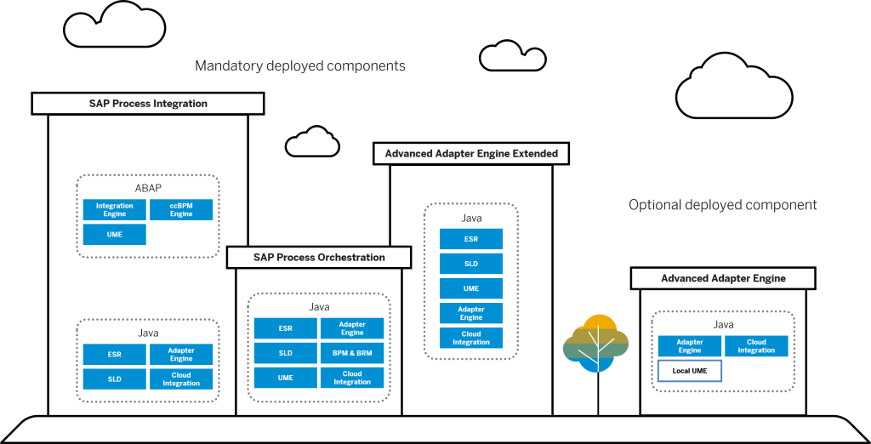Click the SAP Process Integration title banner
[148, 104]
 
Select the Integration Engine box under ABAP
[114, 210]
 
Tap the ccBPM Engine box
[181, 210]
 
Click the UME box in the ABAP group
[114, 235]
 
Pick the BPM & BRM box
[352, 353]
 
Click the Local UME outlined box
[690, 371]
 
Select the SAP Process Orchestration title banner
[319, 258]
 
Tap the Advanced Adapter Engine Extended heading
[471, 154]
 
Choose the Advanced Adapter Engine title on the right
[723, 279]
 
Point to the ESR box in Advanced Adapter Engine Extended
[471, 239]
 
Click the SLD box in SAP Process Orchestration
[286, 353]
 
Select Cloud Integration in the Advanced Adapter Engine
[756, 346]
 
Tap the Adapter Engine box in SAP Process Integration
[181, 355]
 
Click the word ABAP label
[148, 188]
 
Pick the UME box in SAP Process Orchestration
[286, 378]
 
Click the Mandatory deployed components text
[300, 65]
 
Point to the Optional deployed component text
[723, 205]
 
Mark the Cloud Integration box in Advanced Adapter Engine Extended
[471, 338]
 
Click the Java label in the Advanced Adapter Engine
[723, 325]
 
